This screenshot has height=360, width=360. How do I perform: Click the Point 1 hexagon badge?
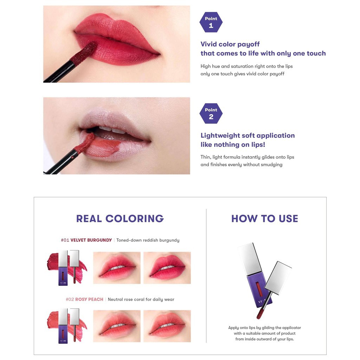tap(211, 22)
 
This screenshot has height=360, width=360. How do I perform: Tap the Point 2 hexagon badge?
tap(211, 113)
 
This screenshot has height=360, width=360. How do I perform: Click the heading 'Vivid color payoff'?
tap(230, 44)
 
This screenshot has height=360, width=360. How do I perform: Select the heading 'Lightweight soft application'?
tap(247, 136)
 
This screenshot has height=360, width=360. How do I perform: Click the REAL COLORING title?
tap(120, 218)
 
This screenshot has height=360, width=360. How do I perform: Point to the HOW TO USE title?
tap(264, 218)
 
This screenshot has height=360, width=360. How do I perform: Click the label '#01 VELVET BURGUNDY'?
tap(86, 240)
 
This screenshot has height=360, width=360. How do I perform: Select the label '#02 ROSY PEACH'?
tap(85, 300)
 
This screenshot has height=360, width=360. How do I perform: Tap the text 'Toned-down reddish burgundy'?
tap(148, 240)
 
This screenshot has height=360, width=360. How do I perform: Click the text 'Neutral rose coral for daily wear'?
tap(141, 300)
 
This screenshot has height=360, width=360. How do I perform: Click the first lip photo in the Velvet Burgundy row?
tap(117, 268)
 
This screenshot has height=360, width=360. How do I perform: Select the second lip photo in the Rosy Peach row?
tap(167, 326)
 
